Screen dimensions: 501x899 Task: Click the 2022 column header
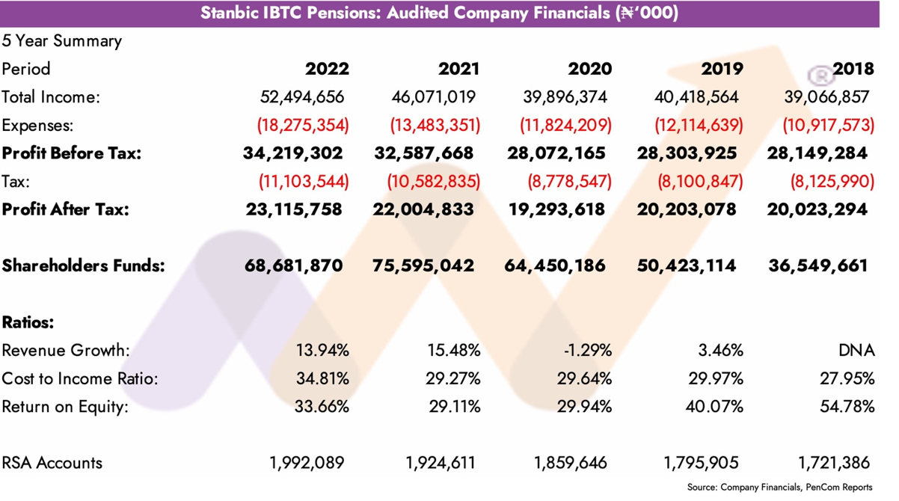(x=327, y=69)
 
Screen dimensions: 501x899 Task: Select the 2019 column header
(x=722, y=69)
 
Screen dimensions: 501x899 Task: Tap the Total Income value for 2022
(x=303, y=97)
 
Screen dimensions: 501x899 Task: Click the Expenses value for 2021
(x=435, y=126)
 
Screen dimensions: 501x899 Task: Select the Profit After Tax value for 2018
(x=817, y=209)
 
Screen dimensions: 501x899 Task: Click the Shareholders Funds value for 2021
(x=423, y=265)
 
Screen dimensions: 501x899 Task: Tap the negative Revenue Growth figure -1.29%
(x=588, y=351)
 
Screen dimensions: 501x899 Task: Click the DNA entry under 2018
(x=856, y=351)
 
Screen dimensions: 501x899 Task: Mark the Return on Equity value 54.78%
(x=850, y=407)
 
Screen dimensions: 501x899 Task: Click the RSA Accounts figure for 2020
(x=571, y=463)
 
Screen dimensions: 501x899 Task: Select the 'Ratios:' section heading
(x=28, y=322)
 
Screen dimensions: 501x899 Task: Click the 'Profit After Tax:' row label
(x=65, y=209)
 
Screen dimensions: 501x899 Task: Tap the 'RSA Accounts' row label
(x=52, y=463)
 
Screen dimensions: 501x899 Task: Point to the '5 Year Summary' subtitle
(x=61, y=41)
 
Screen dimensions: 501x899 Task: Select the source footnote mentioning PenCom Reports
(x=779, y=488)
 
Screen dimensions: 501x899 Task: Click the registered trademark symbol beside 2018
(x=821, y=75)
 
